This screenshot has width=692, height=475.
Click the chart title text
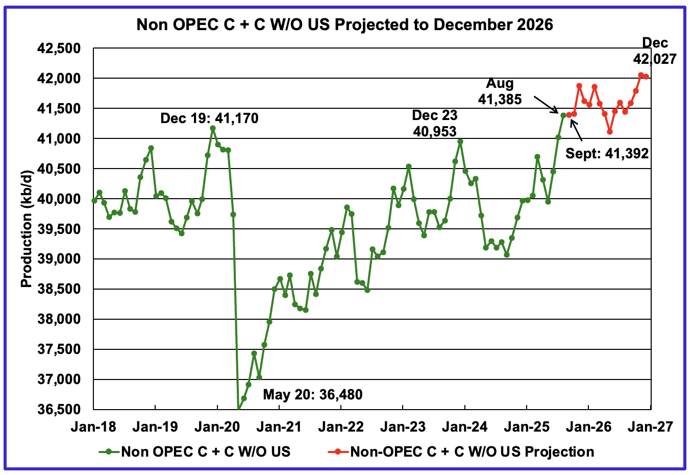[344, 24]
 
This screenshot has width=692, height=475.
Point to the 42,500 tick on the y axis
[59, 49]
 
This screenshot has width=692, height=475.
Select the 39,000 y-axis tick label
[59, 259]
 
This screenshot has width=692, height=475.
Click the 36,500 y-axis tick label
[59, 410]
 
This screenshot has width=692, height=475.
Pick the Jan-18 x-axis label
[93, 426]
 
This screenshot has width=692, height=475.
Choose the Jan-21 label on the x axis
[279, 426]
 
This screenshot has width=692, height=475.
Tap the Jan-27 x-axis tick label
[650, 426]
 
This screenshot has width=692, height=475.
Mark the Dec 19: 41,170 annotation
[209, 118]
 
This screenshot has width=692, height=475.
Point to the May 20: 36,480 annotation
[312, 394]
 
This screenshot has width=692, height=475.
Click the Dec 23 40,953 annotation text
[435, 124]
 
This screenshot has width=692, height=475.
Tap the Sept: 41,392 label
[607, 153]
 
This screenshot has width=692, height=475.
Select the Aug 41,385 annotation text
[500, 91]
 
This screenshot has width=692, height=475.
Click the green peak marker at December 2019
[213, 128]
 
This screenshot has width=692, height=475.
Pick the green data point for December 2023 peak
[460, 141]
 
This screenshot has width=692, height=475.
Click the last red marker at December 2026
[646, 77]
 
